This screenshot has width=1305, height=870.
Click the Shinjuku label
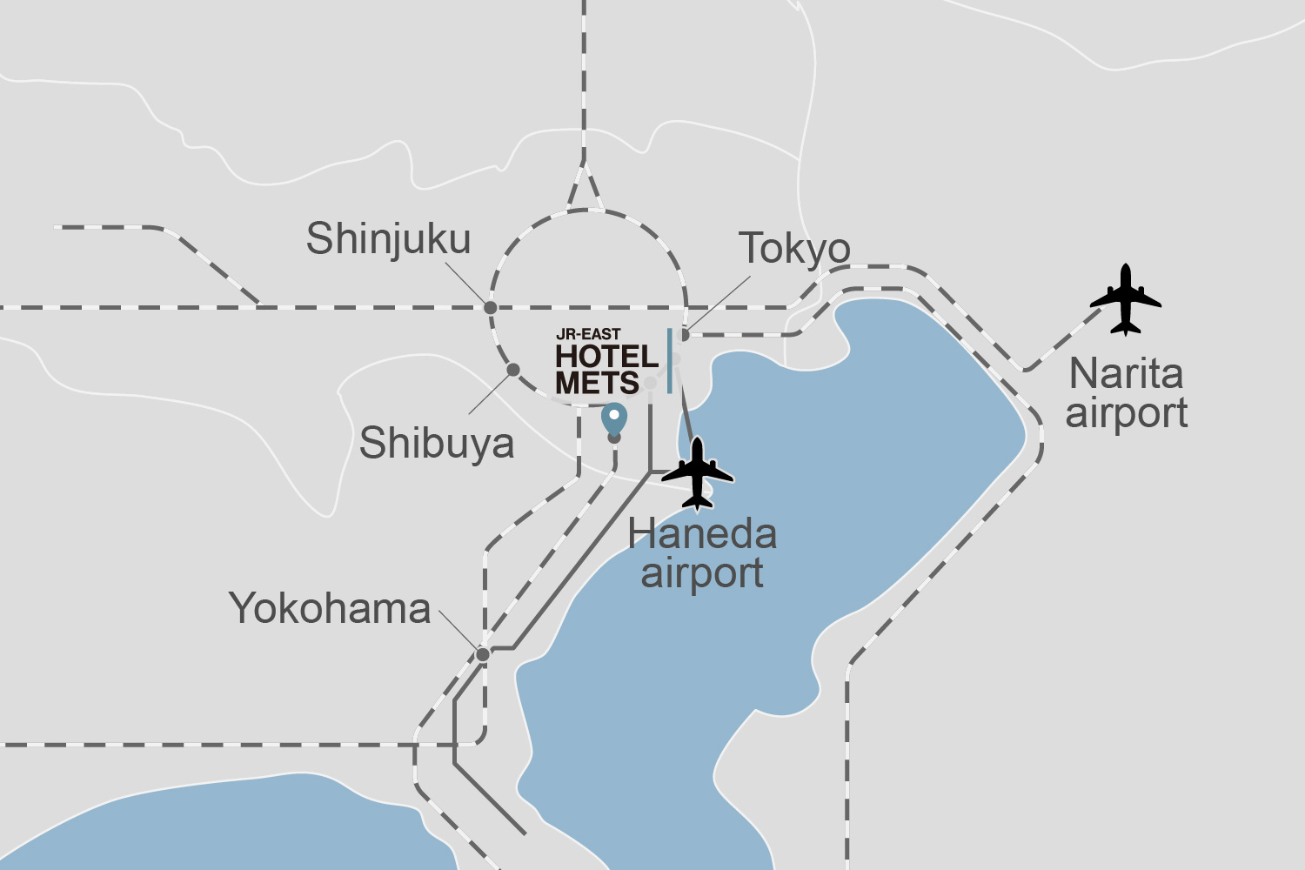(x=388, y=239)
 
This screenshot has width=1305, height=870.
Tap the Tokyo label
(x=794, y=250)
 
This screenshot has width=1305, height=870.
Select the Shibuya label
(x=437, y=443)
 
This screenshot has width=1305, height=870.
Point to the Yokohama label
(x=330, y=608)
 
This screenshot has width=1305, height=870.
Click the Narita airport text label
(x=1127, y=393)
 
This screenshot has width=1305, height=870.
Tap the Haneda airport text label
(x=702, y=553)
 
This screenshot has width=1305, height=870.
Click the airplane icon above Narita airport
(x=1126, y=300)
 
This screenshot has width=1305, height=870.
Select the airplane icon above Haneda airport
(x=697, y=473)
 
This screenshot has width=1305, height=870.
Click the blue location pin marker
(x=614, y=418)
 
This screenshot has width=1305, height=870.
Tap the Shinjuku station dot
(x=491, y=307)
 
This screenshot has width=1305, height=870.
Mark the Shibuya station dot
(x=513, y=370)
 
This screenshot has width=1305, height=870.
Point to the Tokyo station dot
(x=685, y=335)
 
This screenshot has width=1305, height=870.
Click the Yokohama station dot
(x=483, y=654)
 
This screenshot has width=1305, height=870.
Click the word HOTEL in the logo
(x=606, y=357)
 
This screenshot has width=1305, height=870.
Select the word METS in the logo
(x=597, y=383)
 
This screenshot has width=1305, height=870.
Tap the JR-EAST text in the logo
(x=588, y=334)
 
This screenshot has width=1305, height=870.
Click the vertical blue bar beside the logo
(x=669, y=360)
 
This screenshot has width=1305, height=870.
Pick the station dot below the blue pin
(x=614, y=438)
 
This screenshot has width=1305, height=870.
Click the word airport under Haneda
(x=702, y=573)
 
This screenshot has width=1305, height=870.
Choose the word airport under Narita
(x=1127, y=413)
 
